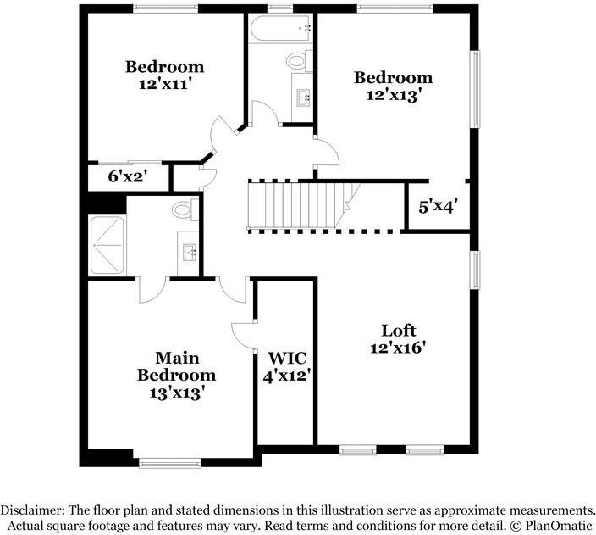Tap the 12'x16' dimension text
pos(397,347)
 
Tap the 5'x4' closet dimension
pos(439,206)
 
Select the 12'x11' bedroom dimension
pos(164,84)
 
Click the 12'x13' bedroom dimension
pos(393,95)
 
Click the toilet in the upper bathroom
pos(296,60)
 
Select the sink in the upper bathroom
pos(303,96)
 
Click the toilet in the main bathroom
pos(183,209)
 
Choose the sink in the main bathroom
pos(189,252)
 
